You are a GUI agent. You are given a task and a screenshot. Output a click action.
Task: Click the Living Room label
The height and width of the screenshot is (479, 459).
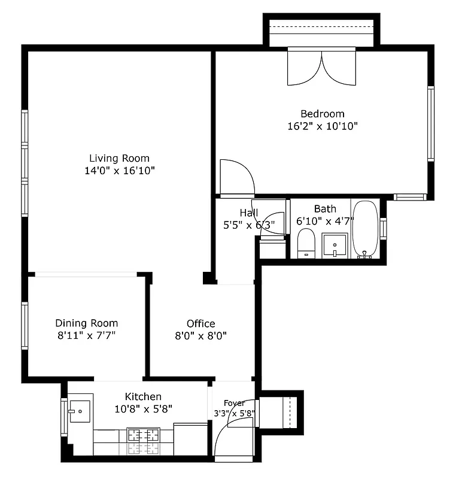click(x=119, y=159)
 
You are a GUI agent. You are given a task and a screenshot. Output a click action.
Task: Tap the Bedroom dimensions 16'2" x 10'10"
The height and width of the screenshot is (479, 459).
click(x=323, y=126)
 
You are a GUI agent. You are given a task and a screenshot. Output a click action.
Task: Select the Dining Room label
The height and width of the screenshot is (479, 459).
click(x=87, y=323)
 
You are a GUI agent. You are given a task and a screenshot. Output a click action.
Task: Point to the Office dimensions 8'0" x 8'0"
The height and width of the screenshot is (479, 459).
click(x=200, y=336)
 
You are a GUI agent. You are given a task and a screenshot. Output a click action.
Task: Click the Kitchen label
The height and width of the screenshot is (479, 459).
click(x=143, y=396)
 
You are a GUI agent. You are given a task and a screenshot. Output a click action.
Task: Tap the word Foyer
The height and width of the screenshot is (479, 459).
click(x=234, y=403)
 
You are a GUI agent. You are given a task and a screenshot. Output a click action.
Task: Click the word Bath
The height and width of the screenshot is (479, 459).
click(x=325, y=209)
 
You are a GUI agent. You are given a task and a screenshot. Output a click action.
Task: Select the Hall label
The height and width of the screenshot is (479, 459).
click(x=249, y=213)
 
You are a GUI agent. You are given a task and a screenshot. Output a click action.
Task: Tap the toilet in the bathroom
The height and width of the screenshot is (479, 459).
click(x=306, y=243)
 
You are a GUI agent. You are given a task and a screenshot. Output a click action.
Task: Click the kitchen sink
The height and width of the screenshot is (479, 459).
click(x=79, y=411)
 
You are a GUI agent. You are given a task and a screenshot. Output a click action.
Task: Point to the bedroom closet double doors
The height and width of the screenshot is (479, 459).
click(x=322, y=67)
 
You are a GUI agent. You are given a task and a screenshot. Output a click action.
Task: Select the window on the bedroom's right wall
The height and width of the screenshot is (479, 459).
click(x=430, y=123)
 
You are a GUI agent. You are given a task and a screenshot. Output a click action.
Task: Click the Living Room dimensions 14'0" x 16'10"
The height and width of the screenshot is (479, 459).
click(x=119, y=171)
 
